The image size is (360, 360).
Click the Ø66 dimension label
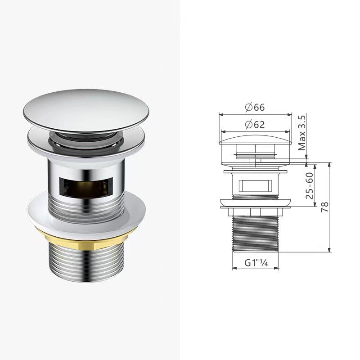pos(255,108)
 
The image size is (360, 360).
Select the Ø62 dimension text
pos(255,125)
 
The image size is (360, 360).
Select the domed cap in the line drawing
pos(255,138)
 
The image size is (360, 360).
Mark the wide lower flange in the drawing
pos(255,204)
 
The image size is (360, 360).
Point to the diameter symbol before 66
pos(248,108)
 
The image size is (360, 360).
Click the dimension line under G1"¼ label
pos(254,269)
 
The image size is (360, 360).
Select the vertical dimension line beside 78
pos(330,206)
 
